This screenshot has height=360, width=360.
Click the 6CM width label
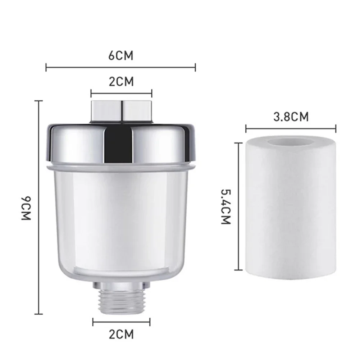[121, 56]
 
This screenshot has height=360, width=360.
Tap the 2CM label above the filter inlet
[121, 82]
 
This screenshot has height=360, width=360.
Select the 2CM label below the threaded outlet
[121, 334]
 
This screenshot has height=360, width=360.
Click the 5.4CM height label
[225, 206]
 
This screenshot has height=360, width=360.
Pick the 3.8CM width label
[291, 117]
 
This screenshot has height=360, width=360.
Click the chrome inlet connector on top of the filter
[121, 111]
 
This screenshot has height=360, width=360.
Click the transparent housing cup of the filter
[121, 223]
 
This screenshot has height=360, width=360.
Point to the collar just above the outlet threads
[121, 286]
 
